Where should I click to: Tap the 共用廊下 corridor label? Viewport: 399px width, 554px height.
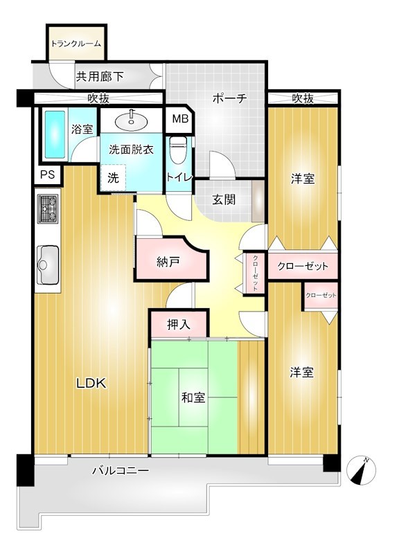pyautogui.click(x=100, y=77)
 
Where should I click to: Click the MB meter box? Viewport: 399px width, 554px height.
pyautogui.click(x=180, y=119)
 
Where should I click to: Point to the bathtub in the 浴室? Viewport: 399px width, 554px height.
pyautogui.click(x=55, y=133)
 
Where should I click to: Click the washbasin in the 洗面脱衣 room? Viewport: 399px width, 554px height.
pyautogui.click(x=131, y=121)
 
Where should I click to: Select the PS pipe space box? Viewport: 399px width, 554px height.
pyautogui.click(x=47, y=175)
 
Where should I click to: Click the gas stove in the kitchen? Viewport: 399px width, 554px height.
pyautogui.click(x=48, y=208)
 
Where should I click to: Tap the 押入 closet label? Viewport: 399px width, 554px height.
pyautogui.click(x=178, y=324)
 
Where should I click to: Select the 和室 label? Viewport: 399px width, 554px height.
pyautogui.click(x=193, y=397)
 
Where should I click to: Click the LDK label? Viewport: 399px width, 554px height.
pyautogui.click(x=91, y=383)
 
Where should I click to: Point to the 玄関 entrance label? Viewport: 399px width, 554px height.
pyautogui.click(x=223, y=199)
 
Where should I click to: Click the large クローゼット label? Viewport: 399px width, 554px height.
pyautogui.click(x=302, y=266)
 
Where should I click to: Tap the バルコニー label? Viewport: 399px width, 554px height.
pyautogui.click(x=121, y=471)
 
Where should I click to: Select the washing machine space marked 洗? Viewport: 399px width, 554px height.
pyautogui.click(x=113, y=177)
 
